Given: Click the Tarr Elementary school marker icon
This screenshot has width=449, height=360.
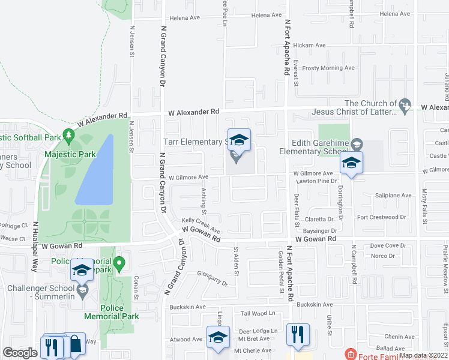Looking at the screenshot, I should (x=239, y=141).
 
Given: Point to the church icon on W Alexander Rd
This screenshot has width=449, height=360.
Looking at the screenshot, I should (x=405, y=106).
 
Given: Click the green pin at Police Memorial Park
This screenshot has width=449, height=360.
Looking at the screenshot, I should (x=119, y=262).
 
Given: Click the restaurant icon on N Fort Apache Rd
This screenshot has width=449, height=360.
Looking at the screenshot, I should (x=298, y=333).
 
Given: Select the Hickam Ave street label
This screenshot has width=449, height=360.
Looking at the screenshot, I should (x=309, y=45).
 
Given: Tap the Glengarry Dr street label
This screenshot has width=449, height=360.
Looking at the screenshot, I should (x=212, y=278).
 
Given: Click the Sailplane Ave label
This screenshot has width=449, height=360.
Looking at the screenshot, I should (x=393, y=196).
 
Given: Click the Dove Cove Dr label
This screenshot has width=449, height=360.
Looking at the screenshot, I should (x=388, y=245).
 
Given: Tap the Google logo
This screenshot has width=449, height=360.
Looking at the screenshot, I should (x=20, y=353).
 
